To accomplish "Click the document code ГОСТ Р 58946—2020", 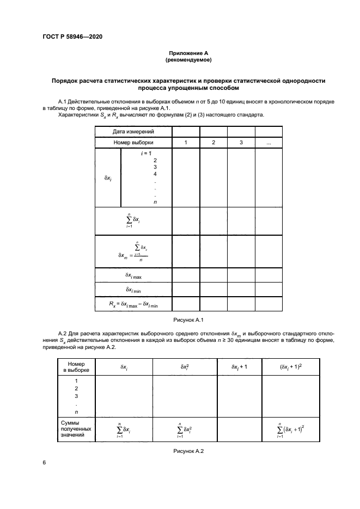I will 72,37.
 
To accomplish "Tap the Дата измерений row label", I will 133,131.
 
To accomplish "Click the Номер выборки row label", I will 133,142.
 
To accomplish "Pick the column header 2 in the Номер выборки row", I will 213,142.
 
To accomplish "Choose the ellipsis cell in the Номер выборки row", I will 269,142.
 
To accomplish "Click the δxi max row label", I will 133,275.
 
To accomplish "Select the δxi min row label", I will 133,290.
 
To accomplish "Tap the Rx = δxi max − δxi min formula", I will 133,304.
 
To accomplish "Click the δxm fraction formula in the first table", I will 133,251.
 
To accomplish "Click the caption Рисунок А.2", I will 188,451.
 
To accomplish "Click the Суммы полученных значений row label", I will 76,428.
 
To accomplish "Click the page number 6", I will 44,463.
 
